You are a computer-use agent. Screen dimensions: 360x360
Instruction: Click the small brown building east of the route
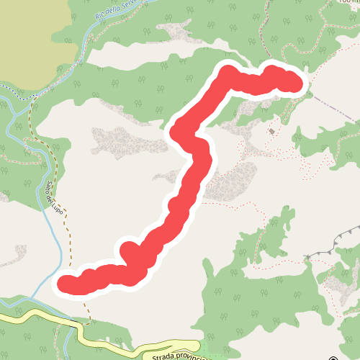(271, 132)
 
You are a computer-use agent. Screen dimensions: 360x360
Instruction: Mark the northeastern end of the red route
(295, 83)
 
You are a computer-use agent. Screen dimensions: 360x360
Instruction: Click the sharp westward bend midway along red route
(178, 130)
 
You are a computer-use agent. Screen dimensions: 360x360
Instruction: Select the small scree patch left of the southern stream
(20, 252)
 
